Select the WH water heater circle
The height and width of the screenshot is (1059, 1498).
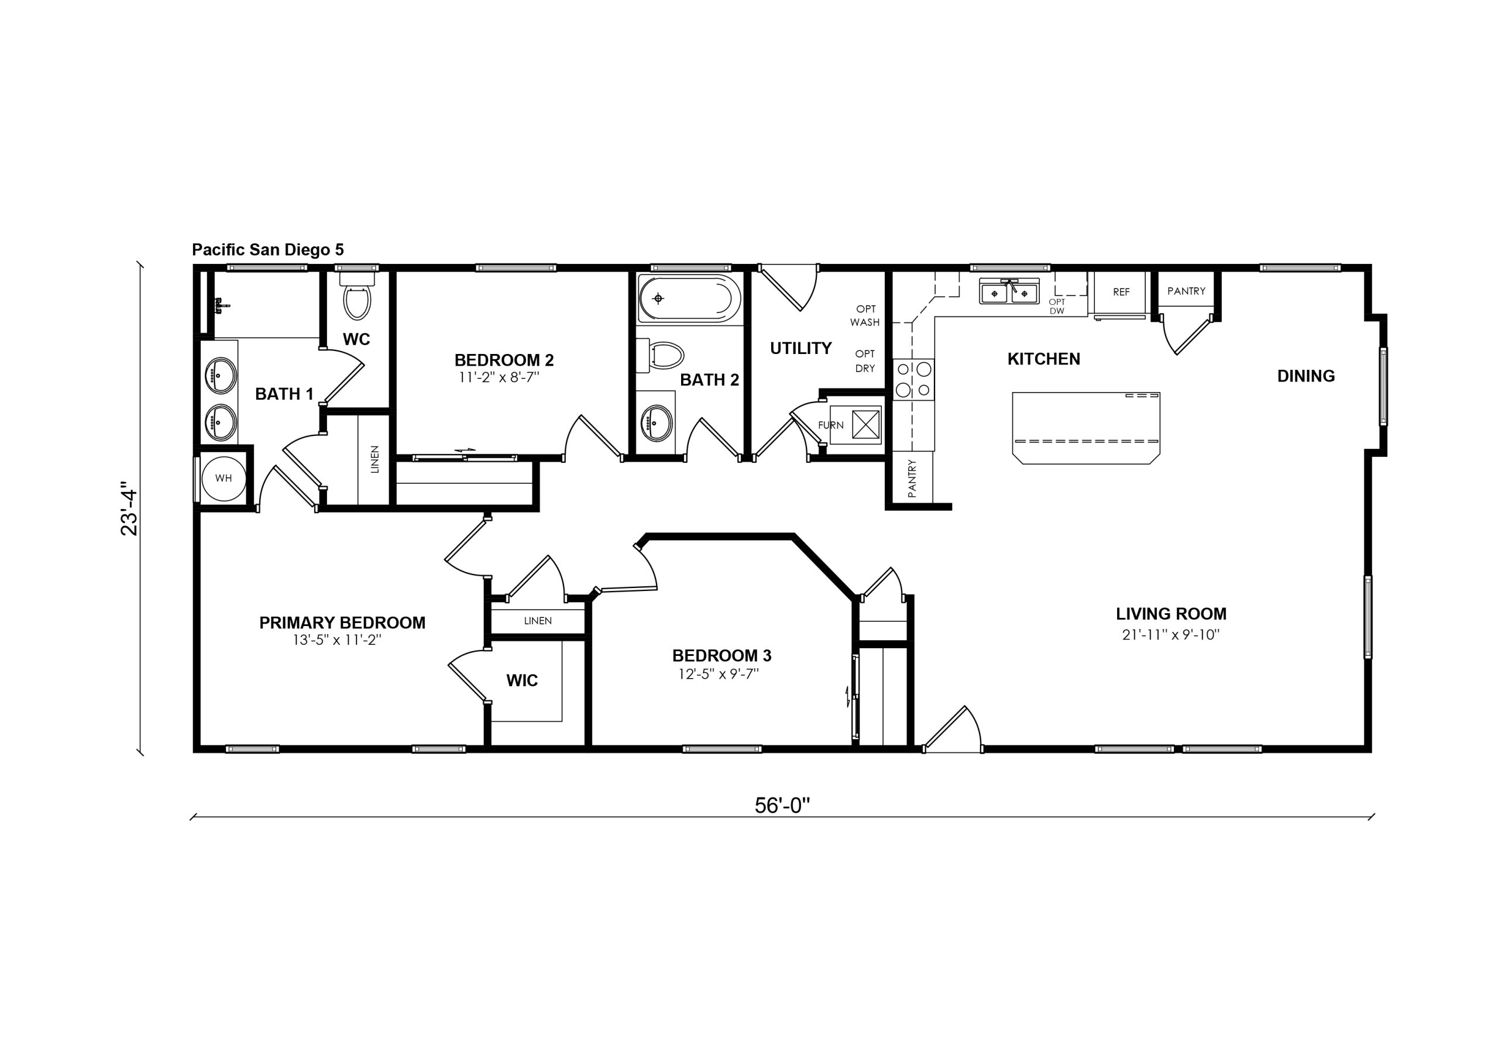coord(223,478)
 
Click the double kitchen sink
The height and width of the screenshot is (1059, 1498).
coord(1009,293)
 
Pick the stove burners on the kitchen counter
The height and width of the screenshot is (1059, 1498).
coord(913,379)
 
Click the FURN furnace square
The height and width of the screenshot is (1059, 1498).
coord(855,425)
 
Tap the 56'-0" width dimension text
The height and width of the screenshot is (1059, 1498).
coord(782,806)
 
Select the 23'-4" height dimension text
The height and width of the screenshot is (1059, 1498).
coord(129,508)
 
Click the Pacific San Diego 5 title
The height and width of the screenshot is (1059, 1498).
coord(267,250)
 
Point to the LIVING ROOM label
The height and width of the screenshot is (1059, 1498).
coord(1171,614)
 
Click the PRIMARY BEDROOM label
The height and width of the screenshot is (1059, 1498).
coord(342,623)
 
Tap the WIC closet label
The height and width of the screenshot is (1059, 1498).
coord(522,680)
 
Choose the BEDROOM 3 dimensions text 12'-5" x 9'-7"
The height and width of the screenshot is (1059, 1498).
coord(719,674)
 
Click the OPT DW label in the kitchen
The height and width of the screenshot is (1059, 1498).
coord(1057,307)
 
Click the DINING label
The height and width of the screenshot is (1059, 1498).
coord(1306,376)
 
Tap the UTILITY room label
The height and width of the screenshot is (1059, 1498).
coord(800,349)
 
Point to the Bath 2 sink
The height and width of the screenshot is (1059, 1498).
coord(657,421)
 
